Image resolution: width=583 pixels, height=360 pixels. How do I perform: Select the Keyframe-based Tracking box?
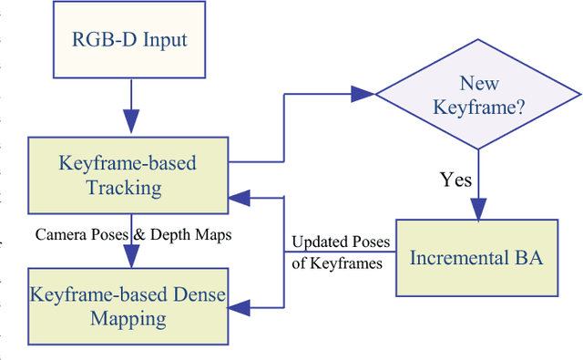click(128, 175)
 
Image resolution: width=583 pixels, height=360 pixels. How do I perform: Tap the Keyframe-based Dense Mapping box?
click(128, 306)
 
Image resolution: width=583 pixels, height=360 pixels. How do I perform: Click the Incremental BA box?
click(476, 258)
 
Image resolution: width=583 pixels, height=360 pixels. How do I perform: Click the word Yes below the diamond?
click(455, 180)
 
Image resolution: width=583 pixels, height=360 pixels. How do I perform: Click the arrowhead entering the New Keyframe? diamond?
click(364, 92)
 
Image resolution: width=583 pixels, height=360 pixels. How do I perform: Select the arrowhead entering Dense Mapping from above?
click(129, 258)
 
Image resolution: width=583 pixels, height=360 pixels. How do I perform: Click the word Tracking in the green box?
click(128, 188)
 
